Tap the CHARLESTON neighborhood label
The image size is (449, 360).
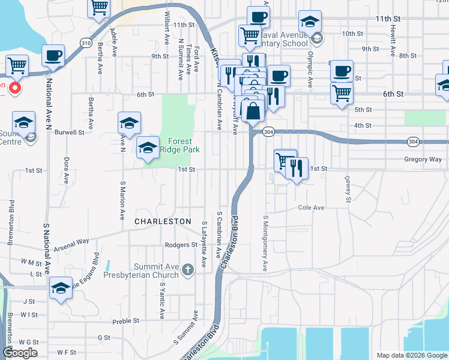pos(162,221)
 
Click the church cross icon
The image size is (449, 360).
pos(188,269)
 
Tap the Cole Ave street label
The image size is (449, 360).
pos(311,208)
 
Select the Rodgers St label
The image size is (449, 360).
pos(181,245)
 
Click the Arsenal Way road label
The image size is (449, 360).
pos(71,245)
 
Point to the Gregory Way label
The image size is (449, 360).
pos(423,160)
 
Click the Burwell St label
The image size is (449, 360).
pos(69,132)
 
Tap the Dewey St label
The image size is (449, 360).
pos(347,190)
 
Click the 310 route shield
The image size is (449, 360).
pos(86,43)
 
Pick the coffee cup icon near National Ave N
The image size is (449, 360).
pos(52,56)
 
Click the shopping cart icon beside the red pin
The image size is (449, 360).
pos(17,65)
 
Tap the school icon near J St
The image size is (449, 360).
pos(61,287)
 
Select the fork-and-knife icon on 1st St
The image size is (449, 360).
pos(297,168)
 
